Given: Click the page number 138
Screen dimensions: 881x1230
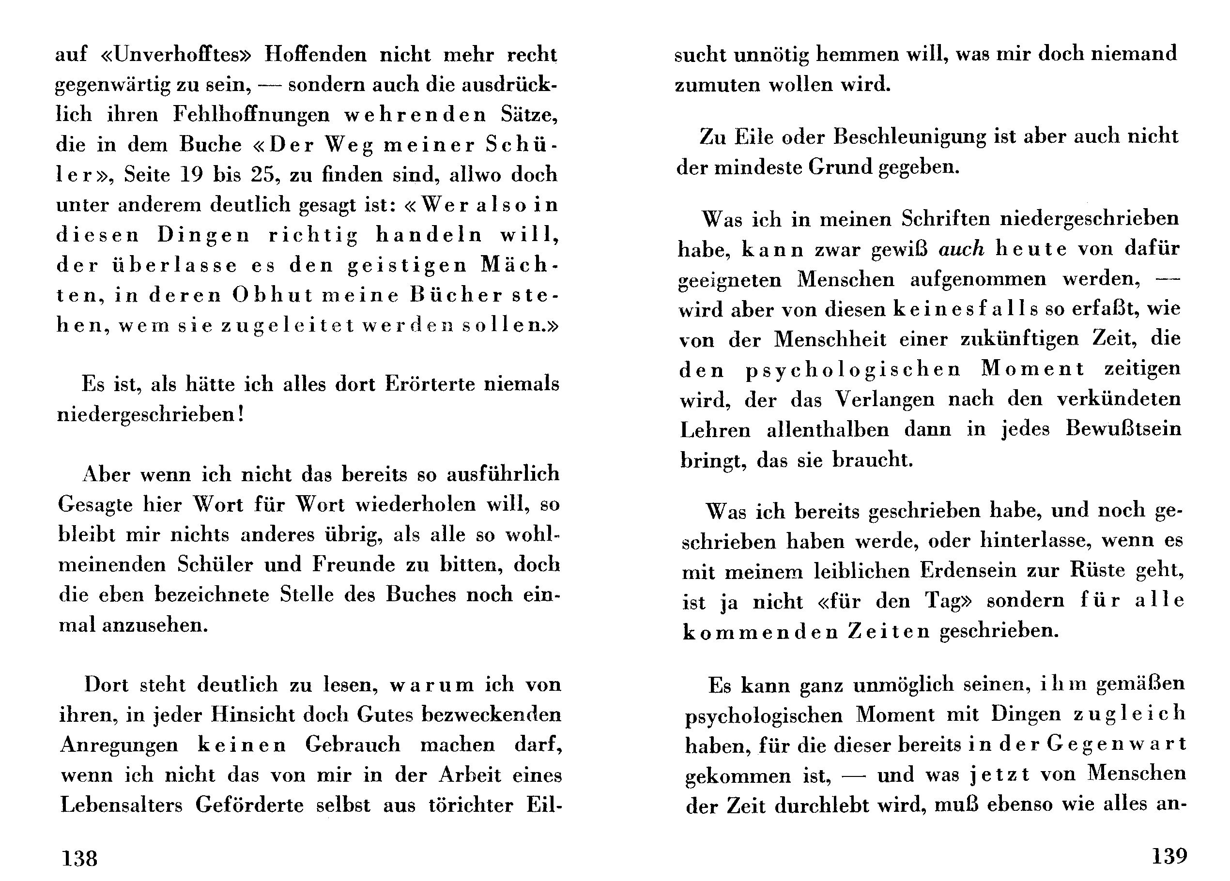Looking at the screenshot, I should click(80, 858).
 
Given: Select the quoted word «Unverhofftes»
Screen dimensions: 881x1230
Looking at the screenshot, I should click(177, 55).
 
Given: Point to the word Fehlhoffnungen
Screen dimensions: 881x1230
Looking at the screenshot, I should click(251, 115).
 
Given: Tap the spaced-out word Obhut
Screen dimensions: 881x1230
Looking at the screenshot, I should click(273, 295).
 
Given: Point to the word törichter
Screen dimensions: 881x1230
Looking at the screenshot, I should click(470, 805).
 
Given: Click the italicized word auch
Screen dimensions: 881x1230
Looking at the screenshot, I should click(961, 249).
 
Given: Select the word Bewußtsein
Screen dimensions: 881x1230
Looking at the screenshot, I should click(1123, 429).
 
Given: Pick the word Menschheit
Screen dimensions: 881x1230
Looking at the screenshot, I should click(830, 339).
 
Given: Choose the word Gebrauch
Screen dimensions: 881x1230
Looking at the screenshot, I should click(353, 744).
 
